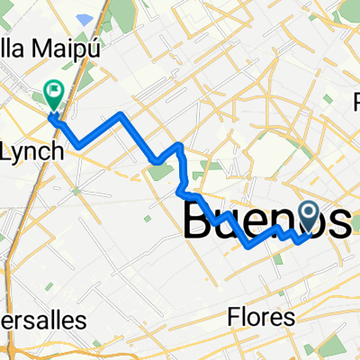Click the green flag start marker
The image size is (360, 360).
click(53, 92)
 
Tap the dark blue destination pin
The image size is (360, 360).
click(309, 216)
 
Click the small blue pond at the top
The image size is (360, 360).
click(85, 17)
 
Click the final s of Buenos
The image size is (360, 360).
click(341, 222)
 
